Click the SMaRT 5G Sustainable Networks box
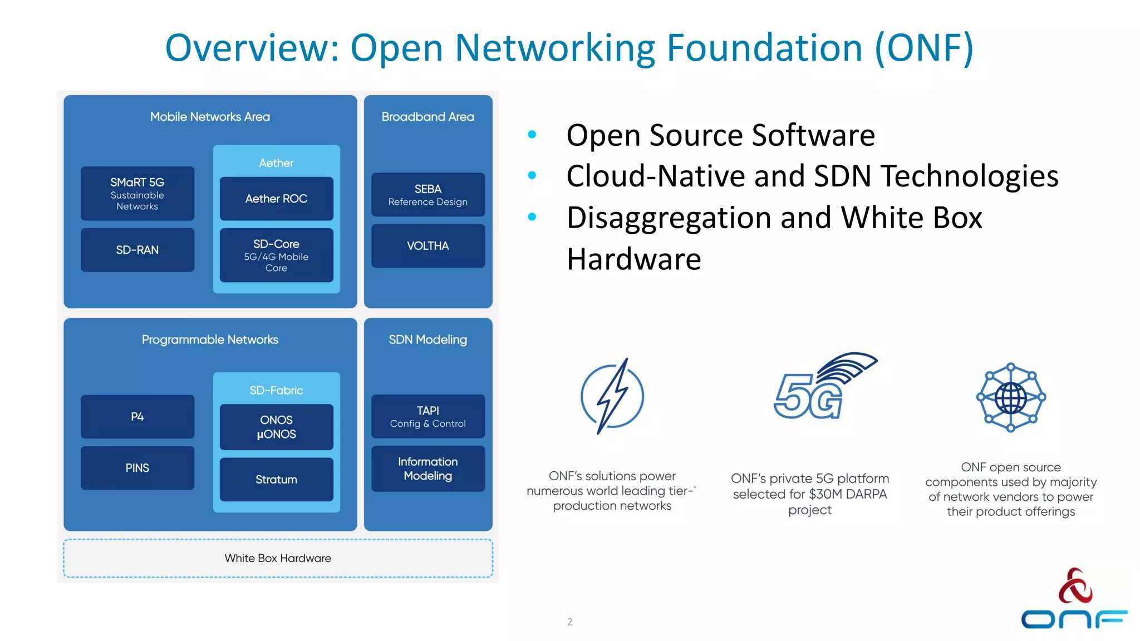click(137, 193)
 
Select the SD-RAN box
click(137, 250)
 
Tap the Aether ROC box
click(276, 199)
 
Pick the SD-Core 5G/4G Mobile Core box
click(276, 255)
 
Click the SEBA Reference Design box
click(427, 195)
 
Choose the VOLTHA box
click(427, 246)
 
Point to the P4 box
click(137, 416)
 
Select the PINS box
click(137, 468)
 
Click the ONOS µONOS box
click(276, 427)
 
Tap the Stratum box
click(276, 479)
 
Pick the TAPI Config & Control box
click(427, 416)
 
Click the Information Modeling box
click(427, 469)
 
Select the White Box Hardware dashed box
click(278, 558)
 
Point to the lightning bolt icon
click(612, 396)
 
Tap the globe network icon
click(1011, 397)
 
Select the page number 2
click(569, 622)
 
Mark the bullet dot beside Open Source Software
click(532, 134)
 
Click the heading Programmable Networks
click(210, 339)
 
